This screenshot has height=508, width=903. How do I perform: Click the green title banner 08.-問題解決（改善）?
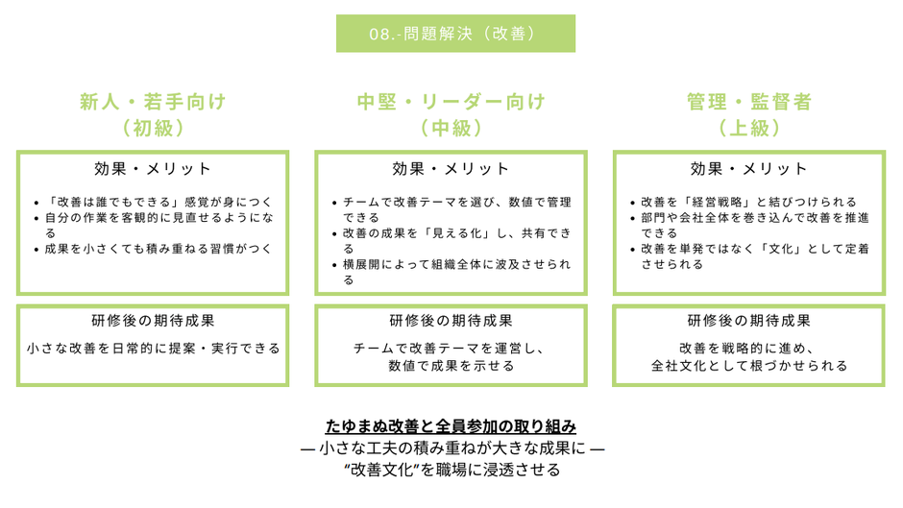[x=455, y=34]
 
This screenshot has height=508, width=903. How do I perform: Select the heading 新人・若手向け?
[x=153, y=102]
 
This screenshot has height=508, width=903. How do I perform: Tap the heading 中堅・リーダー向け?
[x=451, y=102]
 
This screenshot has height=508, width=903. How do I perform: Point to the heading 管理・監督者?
[x=749, y=102]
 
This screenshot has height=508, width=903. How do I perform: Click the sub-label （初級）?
[x=153, y=128]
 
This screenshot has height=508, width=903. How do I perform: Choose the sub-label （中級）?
[x=451, y=128]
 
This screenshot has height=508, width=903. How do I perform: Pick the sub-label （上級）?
[x=749, y=128]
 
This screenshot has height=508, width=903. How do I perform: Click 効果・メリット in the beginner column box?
[x=153, y=169]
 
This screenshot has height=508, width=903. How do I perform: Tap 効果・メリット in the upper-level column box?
[x=749, y=169]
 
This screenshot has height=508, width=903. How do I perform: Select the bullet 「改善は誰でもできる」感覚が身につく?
[x=159, y=203]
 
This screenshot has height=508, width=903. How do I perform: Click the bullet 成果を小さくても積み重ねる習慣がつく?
[x=159, y=249]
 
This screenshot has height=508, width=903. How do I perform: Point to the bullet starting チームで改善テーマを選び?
[x=457, y=209]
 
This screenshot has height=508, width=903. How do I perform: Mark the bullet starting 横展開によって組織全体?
[x=457, y=272]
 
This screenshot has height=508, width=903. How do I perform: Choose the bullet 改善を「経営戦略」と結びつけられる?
[x=748, y=203]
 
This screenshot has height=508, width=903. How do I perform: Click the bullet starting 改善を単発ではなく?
[x=755, y=256]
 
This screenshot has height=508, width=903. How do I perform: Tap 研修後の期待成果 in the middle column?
[x=451, y=321]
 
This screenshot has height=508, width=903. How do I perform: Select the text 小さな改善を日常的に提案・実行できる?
[x=153, y=349]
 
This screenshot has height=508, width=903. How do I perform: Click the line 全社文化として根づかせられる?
[x=749, y=366]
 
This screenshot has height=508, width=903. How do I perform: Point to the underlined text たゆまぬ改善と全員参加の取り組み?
[x=451, y=426]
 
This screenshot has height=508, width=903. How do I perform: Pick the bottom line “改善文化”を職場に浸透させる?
[x=452, y=470]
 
